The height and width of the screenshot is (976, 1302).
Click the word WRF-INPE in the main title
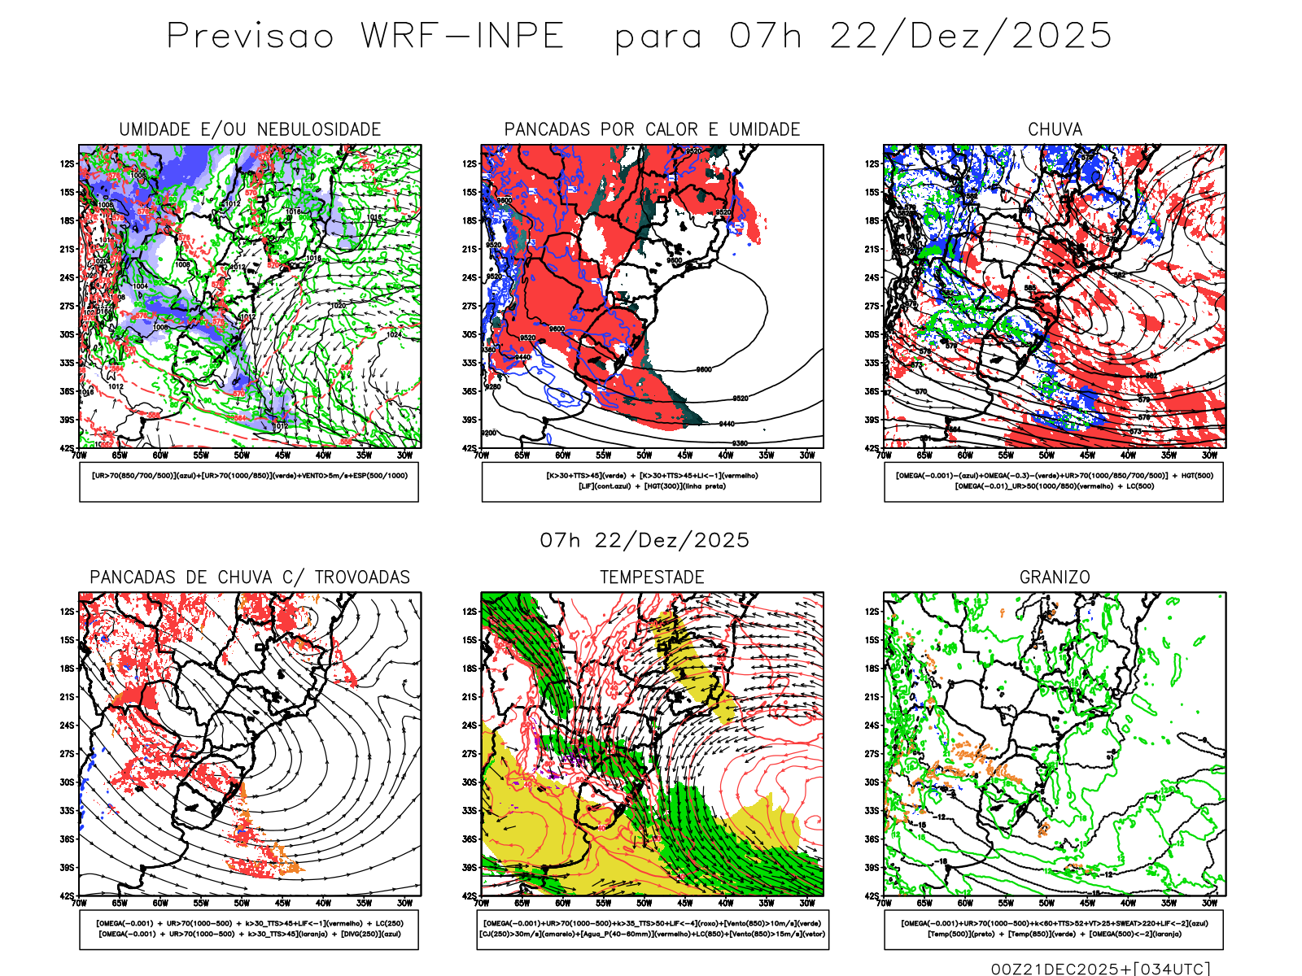click(462, 37)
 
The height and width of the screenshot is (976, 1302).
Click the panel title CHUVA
click(1055, 129)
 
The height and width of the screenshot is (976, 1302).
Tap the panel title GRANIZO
click(1055, 577)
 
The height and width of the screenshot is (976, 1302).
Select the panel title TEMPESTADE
click(652, 577)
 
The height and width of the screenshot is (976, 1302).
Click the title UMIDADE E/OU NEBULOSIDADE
click(250, 129)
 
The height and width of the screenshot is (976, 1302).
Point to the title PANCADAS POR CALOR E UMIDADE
click(652, 129)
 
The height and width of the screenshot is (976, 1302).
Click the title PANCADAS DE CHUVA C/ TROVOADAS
click(250, 577)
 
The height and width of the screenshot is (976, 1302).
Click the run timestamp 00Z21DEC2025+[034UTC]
click(1100, 969)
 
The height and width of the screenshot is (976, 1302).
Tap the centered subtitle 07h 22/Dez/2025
click(644, 540)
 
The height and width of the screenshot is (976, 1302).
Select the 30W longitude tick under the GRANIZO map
click(1210, 903)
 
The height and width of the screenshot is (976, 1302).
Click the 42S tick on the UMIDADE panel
click(67, 448)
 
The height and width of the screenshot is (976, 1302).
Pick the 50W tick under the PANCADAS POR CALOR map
click(644, 455)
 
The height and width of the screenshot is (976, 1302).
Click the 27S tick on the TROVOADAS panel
click(67, 754)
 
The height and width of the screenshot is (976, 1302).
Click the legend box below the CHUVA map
click(1054, 481)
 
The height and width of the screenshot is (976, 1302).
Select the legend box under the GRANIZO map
click(1054, 929)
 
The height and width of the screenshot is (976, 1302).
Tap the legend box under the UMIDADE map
click(249, 481)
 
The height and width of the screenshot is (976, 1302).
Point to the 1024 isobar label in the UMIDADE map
click(394, 334)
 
